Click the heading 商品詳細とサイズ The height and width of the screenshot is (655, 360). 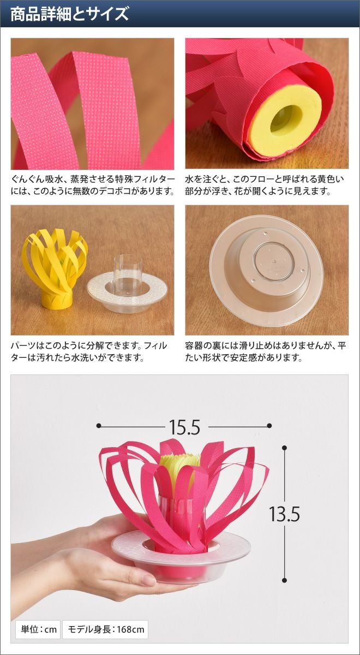[x=69, y=14]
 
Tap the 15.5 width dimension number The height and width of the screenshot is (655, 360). [x=185, y=427]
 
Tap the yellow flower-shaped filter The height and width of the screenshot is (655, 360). [x=55, y=269]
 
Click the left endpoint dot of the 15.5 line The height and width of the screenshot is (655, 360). [x=99, y=426]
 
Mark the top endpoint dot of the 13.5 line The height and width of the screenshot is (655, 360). [x=284, y=448]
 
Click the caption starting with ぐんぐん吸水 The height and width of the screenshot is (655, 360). [x=93, y=185]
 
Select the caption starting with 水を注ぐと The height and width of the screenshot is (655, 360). [x=265, y=185]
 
